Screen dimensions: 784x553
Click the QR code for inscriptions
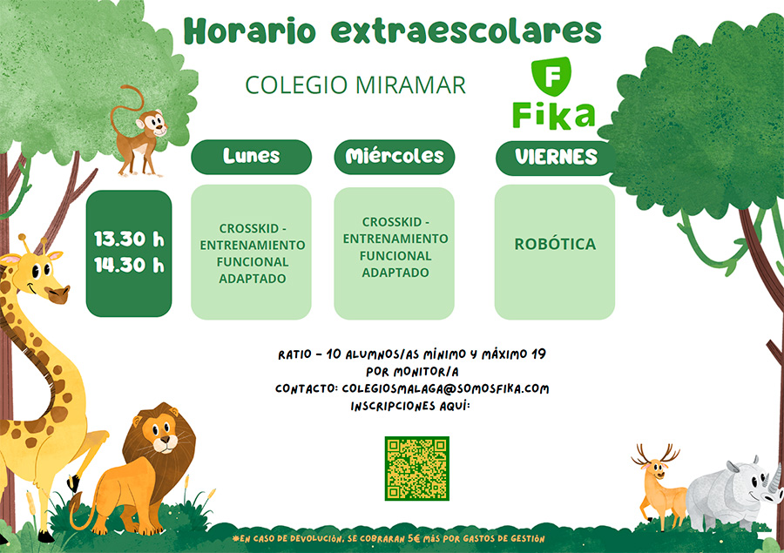(x=417, y=469)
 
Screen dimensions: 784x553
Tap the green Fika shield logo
(x=551, y=77)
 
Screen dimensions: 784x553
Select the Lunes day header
(x=252, y=157)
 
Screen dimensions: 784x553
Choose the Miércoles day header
(x=395, y=157)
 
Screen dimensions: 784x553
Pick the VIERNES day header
(x=556, y=158)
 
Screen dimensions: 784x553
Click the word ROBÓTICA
(x=555, y=244)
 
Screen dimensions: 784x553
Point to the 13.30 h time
(x=129, y=239)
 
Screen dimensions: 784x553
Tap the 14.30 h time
(x=129, y=265)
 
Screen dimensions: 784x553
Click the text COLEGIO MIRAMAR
(x=355, y=85)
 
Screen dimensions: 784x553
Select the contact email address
(x=445, y=388)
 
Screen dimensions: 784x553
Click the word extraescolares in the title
(x=466, y=31)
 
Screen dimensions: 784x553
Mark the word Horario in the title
(x=250, y=31)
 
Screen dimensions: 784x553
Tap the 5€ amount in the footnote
(x=414, y=538)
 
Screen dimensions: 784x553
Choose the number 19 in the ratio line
(x=538, y=354)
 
